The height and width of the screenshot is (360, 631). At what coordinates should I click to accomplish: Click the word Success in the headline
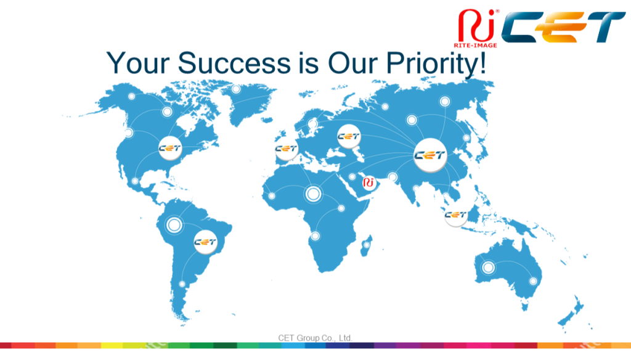coord(234,63)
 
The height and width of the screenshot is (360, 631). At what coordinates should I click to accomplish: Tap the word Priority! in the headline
coord(436,63)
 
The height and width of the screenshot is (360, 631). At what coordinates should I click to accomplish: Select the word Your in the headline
coord(138,63)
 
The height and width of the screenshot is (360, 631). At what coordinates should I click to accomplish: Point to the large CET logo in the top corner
coord(563,27)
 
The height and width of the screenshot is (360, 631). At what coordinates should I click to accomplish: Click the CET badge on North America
coord(170,148)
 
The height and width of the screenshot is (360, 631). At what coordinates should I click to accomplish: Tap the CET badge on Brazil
coord(205,242)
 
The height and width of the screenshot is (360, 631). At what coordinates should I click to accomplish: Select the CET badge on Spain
coord(286,149)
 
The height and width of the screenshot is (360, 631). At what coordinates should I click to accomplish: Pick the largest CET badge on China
coord(430,155)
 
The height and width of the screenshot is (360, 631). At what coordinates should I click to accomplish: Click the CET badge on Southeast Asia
coord(455,215)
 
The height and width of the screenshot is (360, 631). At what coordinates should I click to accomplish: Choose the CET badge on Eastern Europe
coord(349,136)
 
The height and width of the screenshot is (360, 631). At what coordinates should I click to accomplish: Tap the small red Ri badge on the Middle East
coord(368,183)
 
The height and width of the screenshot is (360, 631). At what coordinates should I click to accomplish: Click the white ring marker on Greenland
coord(236,89)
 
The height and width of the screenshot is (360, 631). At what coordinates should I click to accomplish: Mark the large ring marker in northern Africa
coord(313,194)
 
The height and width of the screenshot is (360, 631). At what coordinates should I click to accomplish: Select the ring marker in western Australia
coord(488,267)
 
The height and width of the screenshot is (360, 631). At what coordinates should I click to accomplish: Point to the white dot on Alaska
coord(132,96)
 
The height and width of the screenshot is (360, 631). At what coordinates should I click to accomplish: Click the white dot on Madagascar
coord(366,245)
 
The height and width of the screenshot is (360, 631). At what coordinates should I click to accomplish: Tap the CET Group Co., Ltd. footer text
coord(315,338)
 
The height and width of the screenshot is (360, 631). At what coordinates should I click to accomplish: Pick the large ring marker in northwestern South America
coord(174,225)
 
